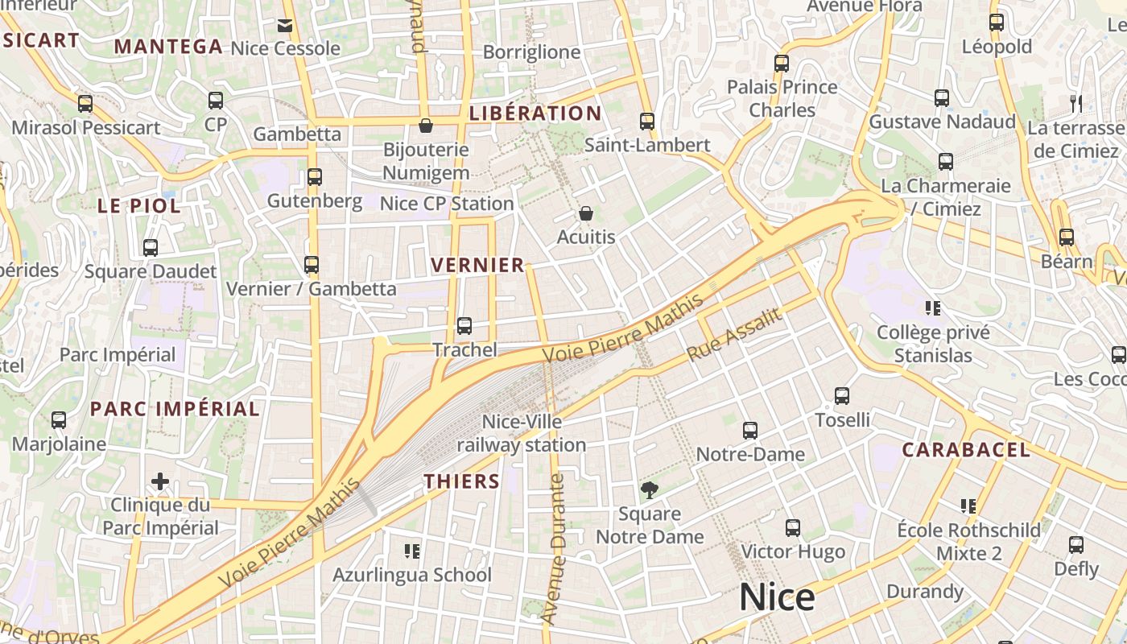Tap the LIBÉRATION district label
pyautogui.click(x=535, y=114)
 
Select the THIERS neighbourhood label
pyautogui.click(x=462, y=481)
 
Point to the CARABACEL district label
pyautogui.click(x=965, y=450)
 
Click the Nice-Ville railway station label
pyautogui.click(x=522, y=433)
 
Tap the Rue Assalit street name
pyautogui.click(x=734, y=335)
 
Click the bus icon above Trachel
pyautogui.click(x=464, y=326)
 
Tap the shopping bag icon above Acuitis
pyautogui.click(x=586, y=213)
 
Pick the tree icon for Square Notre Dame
pyautogui.click(x=649, y=489)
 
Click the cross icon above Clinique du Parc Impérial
pyautogui.click(x=160, y=481)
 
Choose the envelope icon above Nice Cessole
pyautogui.click(x=285, y=25)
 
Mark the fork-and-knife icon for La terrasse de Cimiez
pyautogui.click(x=1075, y=103)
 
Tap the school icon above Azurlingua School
pyautogui.click(x=412, y=551)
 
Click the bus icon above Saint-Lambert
pyautogui.click(x=647, y=122)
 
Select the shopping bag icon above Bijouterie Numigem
pyautogui.click(x=426, y=126)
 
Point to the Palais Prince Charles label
pyautogui.click(x=782, y=98)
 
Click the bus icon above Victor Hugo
pyautogui.click(x=793, y=528)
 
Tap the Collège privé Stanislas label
pyautogui.click(x=933, y=344)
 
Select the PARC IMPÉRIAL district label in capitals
pyautogui.click(x=175, y=408)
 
